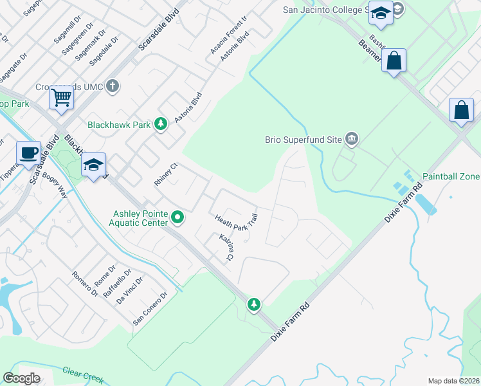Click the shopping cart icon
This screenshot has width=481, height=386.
click(x=62, y=98)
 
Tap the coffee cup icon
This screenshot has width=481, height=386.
click(x=28, y=153)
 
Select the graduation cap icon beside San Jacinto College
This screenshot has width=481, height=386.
click(x=381, y=14)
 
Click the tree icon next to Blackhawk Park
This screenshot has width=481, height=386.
click(x=160, y=124)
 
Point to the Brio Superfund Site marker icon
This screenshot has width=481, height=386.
click(x=351, y=138)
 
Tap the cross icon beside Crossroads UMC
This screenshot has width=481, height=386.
click(x=113, y=86)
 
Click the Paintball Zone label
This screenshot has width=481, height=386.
click(x=451, y=176)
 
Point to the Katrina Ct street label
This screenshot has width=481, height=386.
click(x=226, y=248)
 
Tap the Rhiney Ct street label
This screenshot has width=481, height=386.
click(x=165, y=175)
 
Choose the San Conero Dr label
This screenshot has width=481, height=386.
click(x=150, y=308)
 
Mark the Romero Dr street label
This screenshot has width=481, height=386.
click(x=85, y=283)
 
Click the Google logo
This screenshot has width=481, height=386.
click(x=21, y=378)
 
